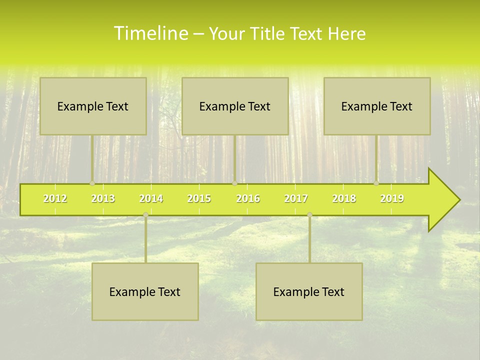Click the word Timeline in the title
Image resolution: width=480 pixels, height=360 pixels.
click(x=150, y=33)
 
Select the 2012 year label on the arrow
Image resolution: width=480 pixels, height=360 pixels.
click(x=55, y=198)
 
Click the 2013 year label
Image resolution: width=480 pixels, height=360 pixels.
click(x=103, y=198)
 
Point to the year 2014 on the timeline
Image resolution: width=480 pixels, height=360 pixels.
click(x=151, y=198)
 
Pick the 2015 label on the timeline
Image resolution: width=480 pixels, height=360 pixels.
click(x=199, y=198)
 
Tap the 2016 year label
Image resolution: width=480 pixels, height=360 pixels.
click(x=248, y=198)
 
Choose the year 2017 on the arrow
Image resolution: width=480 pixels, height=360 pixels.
click(x=296, y=198)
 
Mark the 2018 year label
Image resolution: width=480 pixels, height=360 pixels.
click(x=344, y=198)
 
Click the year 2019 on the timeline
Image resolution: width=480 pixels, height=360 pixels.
click(x=392, y=198)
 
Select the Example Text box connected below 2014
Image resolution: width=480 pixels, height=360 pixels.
click(x=145, y=291)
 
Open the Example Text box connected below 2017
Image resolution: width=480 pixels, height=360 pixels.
click(x=309, y=291)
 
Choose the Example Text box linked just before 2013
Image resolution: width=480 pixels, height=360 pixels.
click(x=93, y=106)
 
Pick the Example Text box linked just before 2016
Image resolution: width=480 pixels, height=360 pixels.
click(x=235, y=106)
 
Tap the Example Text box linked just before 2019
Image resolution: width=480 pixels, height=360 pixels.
click(x=377, y=106)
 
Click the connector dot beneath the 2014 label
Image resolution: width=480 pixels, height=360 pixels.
click(x=145, y=214)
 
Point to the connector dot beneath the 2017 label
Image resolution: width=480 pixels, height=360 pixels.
click(x=309, y=214)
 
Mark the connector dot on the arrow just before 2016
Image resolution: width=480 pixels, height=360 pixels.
click(x=234, y=183)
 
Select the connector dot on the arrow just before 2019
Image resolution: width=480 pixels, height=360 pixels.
click(x=376, y=183)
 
